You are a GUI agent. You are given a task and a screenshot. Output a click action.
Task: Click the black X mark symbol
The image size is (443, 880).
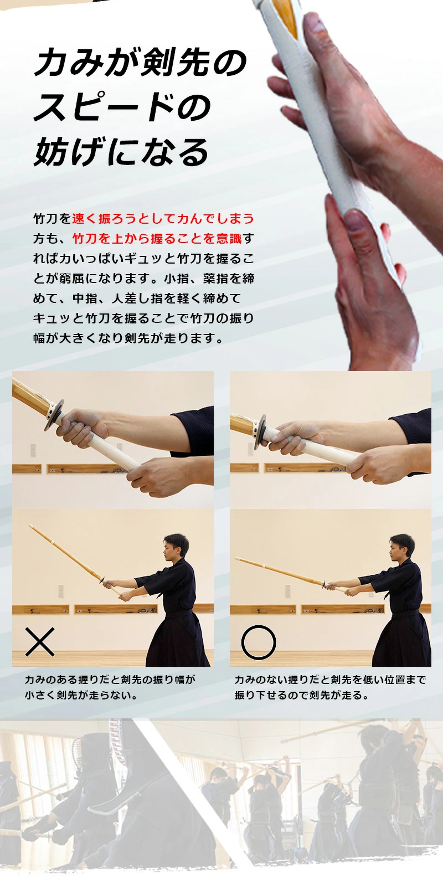[x=40, y=642]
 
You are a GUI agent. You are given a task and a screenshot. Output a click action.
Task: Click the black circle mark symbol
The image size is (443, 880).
[x=258, y=642]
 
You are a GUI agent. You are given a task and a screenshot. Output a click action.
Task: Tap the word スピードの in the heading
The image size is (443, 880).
[x=122, y=107]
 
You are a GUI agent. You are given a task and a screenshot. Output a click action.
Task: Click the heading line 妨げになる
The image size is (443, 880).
[x=121, y=152]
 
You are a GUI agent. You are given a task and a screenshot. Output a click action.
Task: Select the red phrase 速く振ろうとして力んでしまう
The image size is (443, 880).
[x=163, y=219]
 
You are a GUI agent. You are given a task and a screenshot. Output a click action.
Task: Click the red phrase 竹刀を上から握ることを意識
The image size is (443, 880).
[x=157, y=239]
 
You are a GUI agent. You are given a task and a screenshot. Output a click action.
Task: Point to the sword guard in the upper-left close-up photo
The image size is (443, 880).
[x=54, y=415]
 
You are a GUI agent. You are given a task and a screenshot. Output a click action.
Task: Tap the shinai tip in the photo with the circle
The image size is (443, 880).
[x=237, y=559]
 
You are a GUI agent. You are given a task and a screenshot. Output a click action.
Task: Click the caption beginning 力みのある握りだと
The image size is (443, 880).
[x=110, y=687]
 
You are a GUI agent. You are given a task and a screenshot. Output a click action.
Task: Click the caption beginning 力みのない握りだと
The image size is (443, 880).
[x=330, y=687]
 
